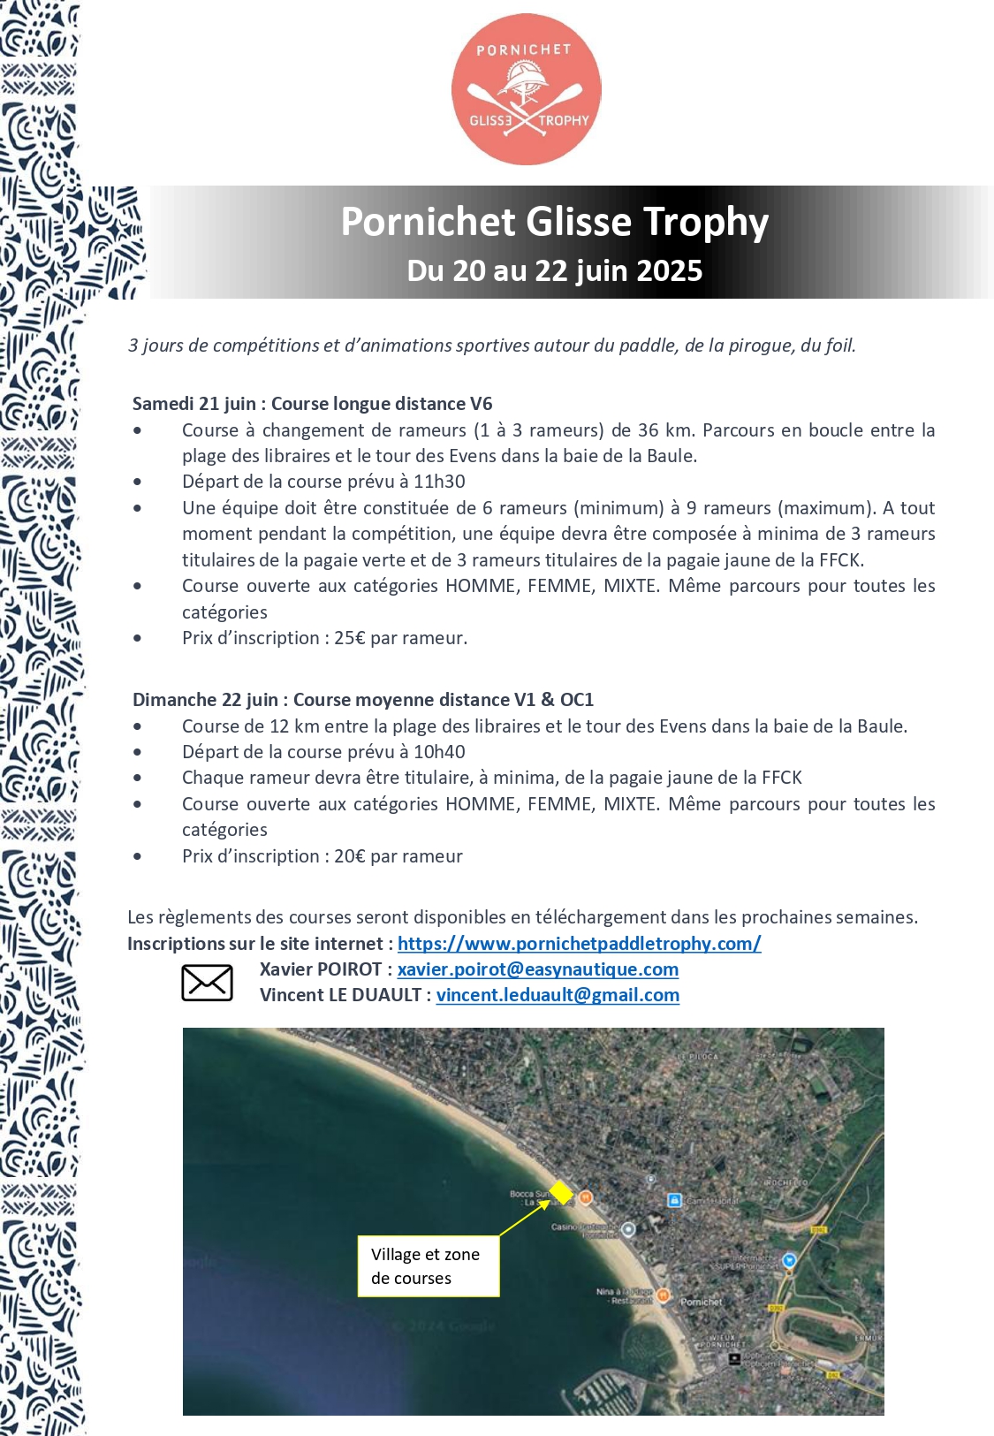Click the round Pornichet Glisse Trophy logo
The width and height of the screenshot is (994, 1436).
tap(527, 89)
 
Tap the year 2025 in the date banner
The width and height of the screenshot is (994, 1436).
tap(669, 270)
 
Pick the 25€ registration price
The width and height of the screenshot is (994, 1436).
tap(349, 638)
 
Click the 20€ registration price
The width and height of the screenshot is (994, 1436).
tap(349, 856)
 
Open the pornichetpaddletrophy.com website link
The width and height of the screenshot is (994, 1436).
tap(579, 944)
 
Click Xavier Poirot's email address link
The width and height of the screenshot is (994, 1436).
tap(537, 969)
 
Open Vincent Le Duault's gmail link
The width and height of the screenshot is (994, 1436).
tap(558, 995)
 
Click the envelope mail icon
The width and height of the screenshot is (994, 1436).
tap(207, 983)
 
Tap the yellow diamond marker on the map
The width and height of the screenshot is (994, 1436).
tap(561, 1192)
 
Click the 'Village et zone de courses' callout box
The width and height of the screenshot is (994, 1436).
tap(429, 1266)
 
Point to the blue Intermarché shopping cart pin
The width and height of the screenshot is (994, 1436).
tap(789, 1260)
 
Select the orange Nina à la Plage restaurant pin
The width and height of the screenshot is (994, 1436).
tap(663, 1295)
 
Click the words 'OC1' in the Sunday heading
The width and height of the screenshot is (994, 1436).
tap(576, 700)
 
